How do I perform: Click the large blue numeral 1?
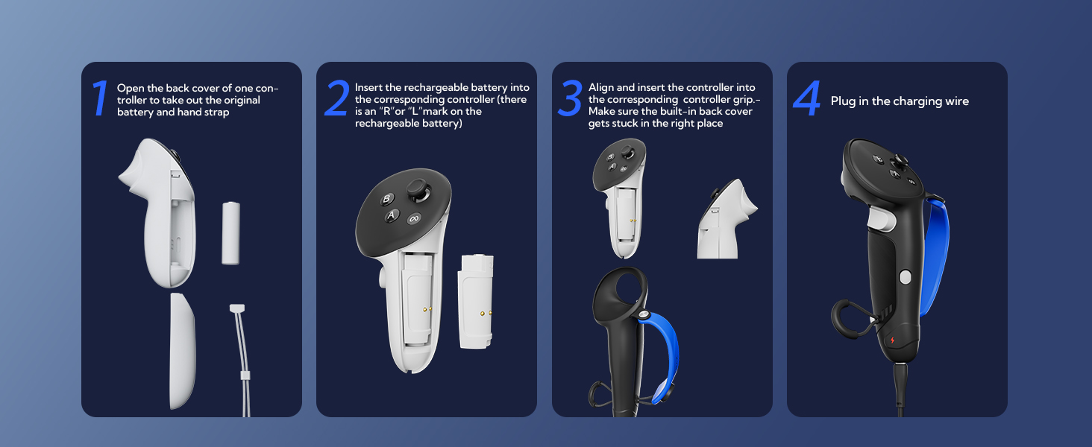pyautogui.click(x=99, y=99)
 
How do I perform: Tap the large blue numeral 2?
pyautogui.click(x=336, y=99)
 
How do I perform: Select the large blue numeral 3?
pyautogui.click(x=570, y=99)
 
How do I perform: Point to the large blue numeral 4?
pyautogui.click(x=807, y=99)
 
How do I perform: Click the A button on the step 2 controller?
pyautogui.click(x=392, y=215)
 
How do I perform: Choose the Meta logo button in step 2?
pyautogui.click(x=414, y=219)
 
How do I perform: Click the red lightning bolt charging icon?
pyautogui.click(x=891, y=340)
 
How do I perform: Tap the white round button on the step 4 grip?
pyautogui.click(x=906, y=277)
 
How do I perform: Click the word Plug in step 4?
pyautogui.click(x=844, y=101)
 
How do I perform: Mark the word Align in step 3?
pyautogui.click(x=602, y=88)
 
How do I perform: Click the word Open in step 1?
pyautogui.click(x=130, y=88)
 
